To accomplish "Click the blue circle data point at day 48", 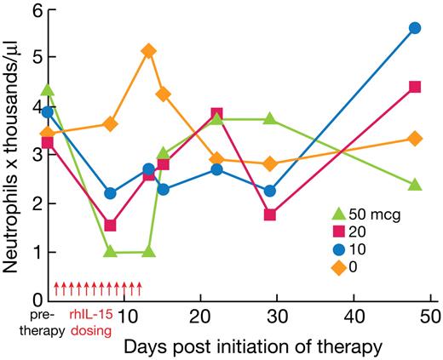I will (x=415, y=28).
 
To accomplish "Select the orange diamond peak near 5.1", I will (x=148, y=51).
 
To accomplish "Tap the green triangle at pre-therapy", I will (x=49, y=89).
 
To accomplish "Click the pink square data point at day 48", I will (x=415, y=87).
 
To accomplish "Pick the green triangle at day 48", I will (x=415, y=184).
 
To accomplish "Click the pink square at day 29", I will (x=270, y=214).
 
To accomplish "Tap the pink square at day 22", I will (x=217, y=113).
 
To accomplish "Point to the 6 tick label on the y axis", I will (x=37, y=11).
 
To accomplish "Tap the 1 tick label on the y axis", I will (x=37, y=252).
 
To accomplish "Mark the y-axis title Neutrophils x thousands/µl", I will (x=12, y=153).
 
